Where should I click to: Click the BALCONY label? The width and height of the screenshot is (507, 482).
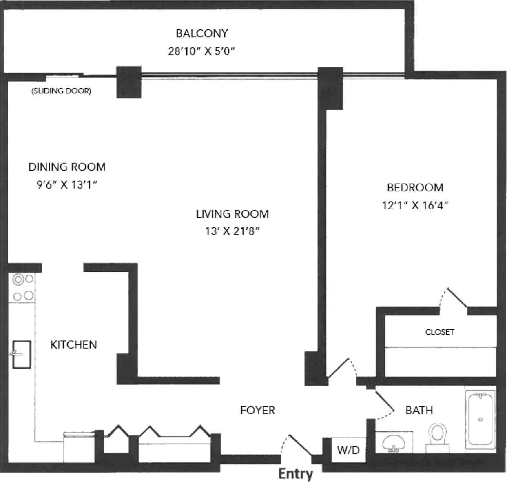[201, 33]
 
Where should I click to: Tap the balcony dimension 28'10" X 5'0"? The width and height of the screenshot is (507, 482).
[201, 51]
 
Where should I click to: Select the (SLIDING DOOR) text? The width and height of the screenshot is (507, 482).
[61, 91]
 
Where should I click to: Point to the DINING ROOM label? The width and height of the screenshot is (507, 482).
[67, 167]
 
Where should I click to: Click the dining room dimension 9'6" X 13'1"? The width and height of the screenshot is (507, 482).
[67, 184]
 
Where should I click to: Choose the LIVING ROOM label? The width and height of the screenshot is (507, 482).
[232, 214]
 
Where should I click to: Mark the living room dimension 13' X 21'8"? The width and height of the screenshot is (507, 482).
[232, 231]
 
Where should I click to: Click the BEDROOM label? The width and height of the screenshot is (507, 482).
[415, 187]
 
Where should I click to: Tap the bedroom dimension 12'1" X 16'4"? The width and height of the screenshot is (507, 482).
[415, 205]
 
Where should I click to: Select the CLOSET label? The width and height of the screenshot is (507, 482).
[439, 332]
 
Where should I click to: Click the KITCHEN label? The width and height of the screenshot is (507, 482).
[73, 345]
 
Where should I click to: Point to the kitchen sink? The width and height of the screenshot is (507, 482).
[21, 354]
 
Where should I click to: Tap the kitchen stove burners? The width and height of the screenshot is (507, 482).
[23, 287]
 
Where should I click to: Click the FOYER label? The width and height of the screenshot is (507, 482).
[257, 410]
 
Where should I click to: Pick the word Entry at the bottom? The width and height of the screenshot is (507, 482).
[296, 474]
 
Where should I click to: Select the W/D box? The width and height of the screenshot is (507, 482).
[348, 450]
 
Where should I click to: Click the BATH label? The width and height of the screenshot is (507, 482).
[419, 410]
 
